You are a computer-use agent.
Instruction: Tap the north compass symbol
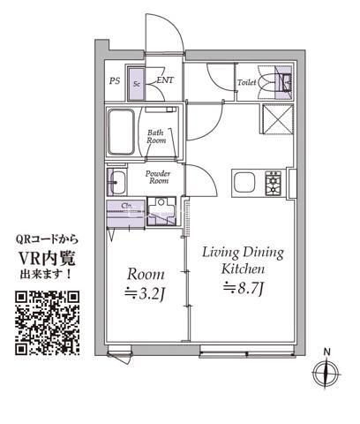(326, 373)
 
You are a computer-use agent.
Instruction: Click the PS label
(115, 81)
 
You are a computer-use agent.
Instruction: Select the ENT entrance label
(164, 81)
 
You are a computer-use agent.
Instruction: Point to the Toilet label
(246, 82)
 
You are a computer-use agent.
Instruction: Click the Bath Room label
(156, 136)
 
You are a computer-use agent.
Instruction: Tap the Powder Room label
(159, 177)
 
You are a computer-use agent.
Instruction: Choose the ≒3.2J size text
(142, 294)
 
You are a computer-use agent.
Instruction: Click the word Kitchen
(244, 269)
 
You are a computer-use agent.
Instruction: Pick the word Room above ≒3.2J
(142, 273)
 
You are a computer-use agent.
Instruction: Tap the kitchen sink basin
(244, 184)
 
